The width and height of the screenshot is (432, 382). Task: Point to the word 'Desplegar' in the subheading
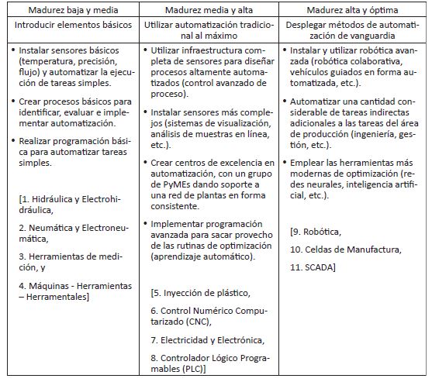316,26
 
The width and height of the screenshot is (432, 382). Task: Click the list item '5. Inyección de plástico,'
201,292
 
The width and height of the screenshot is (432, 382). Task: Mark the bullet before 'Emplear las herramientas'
288,161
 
